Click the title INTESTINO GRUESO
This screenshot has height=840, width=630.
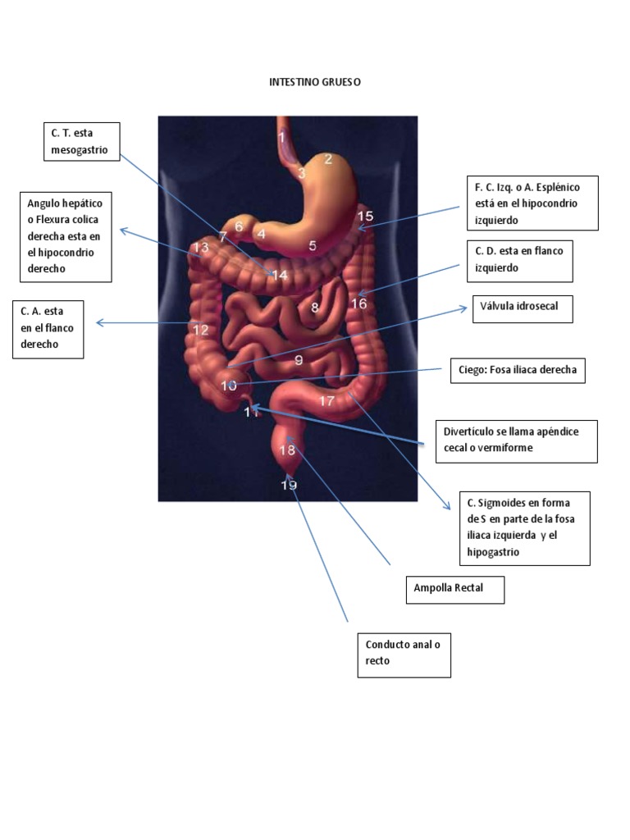315,83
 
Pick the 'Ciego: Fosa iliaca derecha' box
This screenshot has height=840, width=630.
518,370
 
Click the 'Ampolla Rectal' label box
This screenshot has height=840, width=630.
454,590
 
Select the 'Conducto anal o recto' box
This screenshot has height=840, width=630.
404,653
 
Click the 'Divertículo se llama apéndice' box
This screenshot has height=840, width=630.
517,441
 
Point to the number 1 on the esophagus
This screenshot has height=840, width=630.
281,138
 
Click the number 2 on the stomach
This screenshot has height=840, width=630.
328,159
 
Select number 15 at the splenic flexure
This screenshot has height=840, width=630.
365,217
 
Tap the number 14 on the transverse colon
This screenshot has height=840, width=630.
280,276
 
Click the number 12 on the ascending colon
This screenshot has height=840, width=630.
201,330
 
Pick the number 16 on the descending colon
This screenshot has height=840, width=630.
359,304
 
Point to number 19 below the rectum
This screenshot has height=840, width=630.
289,485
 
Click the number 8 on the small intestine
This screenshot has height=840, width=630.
314,308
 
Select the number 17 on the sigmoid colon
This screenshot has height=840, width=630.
326,401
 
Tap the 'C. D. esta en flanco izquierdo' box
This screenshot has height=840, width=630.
518,260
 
